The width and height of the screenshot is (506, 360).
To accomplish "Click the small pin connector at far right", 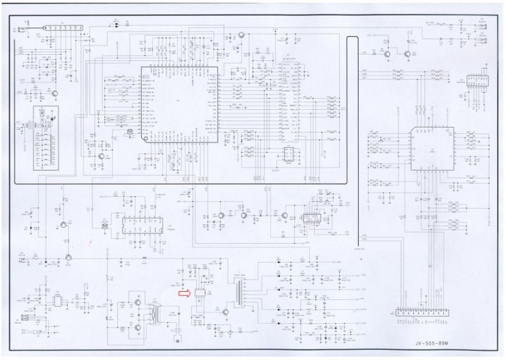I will pos(474,80).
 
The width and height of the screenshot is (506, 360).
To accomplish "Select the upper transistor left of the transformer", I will pos(137,303).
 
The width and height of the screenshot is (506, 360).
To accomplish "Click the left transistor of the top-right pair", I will pos(386,54).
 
